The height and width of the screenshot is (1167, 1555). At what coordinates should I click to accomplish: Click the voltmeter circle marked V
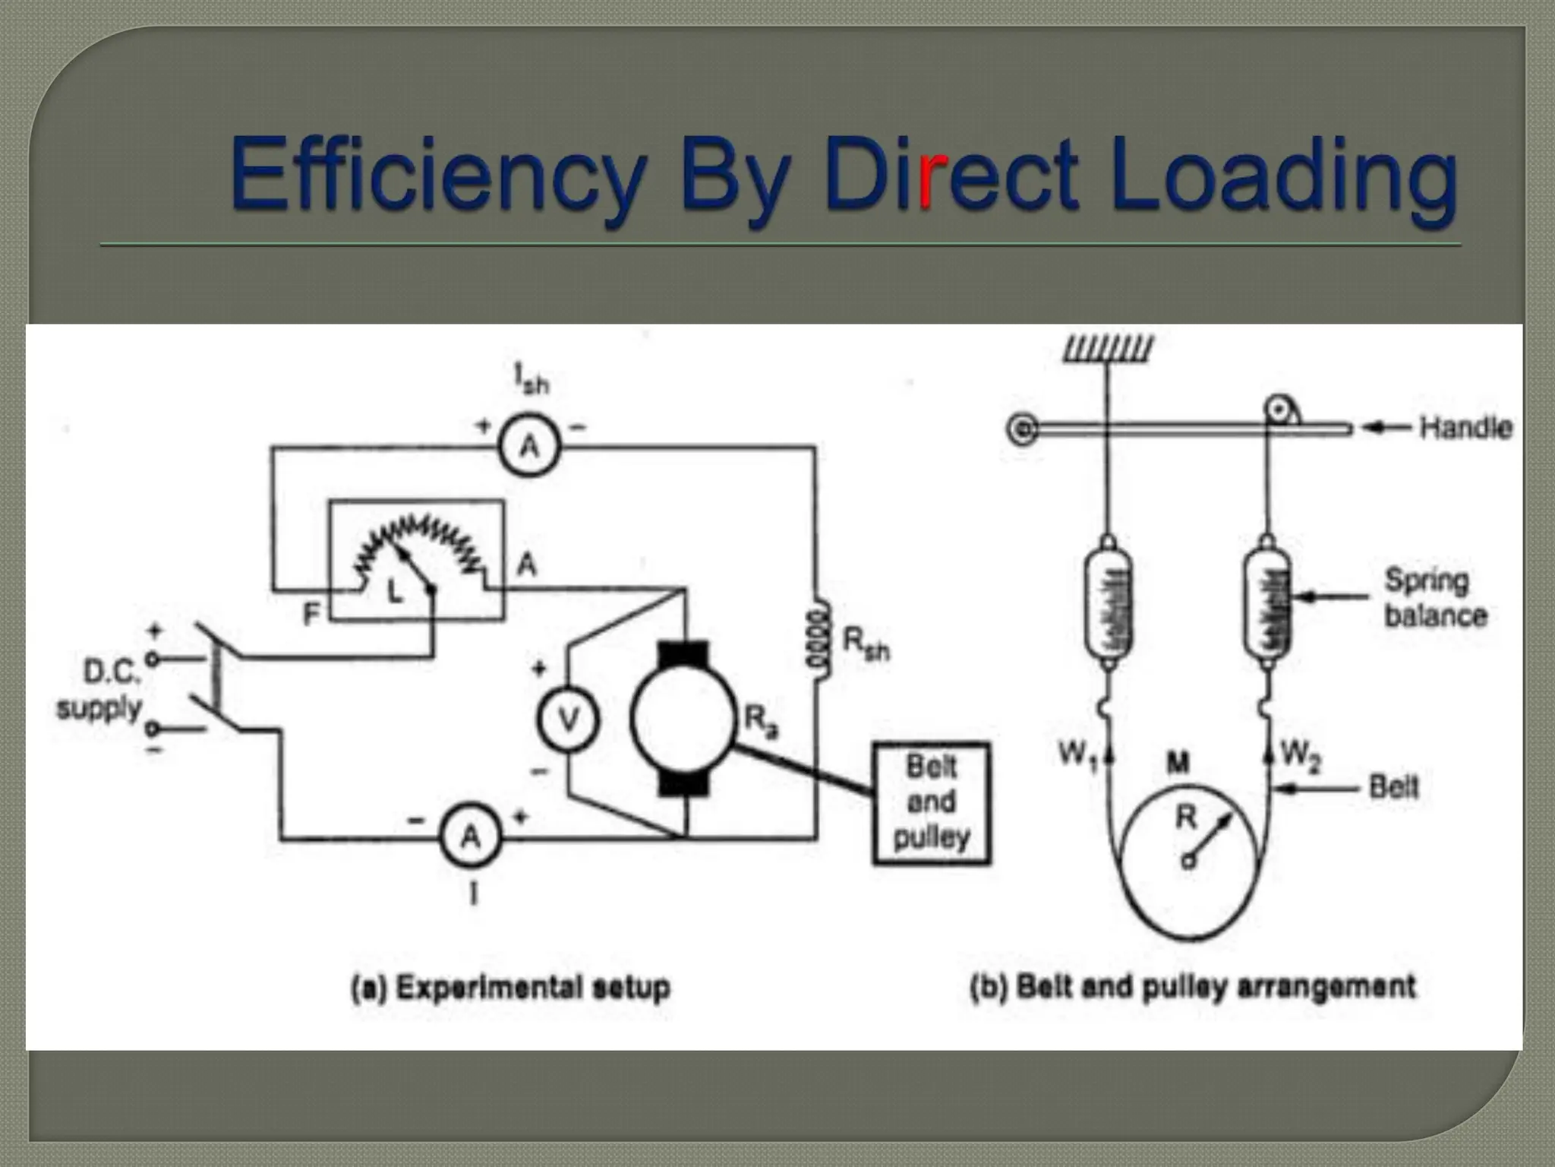click(568, 719)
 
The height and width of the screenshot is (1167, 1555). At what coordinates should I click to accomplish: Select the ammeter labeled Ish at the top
click(529, 446)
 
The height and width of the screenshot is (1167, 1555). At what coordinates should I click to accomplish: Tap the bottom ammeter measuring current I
click(471, 837)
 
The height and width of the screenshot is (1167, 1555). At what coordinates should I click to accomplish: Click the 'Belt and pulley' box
click(932, 803)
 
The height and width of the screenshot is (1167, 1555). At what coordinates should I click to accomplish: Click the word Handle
click(1465, 428)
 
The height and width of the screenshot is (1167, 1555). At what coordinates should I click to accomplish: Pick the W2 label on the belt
click(1301, 755)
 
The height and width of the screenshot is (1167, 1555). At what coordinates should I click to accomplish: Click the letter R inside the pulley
click(1185, 818)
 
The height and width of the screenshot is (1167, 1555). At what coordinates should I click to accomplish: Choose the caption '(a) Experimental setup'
click(510, 988)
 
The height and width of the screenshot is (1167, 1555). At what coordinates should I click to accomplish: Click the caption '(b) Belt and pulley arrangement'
click(1193, 987)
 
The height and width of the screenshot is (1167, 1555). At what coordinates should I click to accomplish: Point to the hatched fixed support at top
click(1108, 348)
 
